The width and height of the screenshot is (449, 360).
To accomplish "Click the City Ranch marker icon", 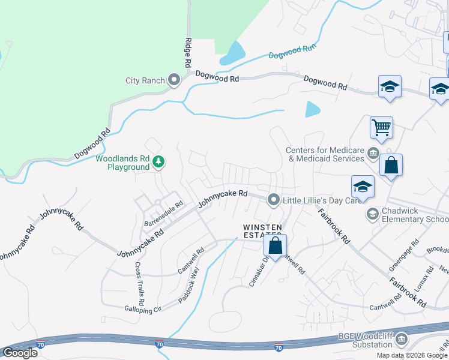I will click(175, 80).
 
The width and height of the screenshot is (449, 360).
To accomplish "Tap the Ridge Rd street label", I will click(188, 53).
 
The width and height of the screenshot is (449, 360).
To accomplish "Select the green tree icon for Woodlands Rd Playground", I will click(158, 161).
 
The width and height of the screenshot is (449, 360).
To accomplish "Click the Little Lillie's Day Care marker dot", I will click(274, 199).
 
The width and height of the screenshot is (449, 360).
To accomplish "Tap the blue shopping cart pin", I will click(381, 127).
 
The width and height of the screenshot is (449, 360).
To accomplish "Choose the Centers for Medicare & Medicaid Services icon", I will click(373, 154).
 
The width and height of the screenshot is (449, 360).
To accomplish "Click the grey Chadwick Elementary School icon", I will click(373, 214).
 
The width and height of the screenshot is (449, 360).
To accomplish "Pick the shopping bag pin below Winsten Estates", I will click(276, 246).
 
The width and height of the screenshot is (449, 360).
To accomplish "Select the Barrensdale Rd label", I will click(162, 214).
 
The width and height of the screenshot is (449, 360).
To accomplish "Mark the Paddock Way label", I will click(188, 284).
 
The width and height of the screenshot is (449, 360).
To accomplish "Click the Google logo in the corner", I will click(20, 353).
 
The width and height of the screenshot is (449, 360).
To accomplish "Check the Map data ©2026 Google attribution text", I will click(412, 355).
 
